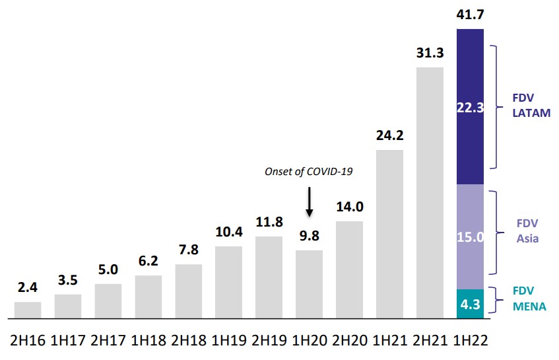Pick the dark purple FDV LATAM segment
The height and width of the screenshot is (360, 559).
click(470, 106)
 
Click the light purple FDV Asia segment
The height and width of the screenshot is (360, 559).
click(470, 236)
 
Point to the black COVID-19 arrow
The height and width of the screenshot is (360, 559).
click(309, 201)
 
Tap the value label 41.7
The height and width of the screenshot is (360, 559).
click(470, 14)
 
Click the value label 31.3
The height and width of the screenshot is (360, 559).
click(430, 52)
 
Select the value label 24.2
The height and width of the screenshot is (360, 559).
click(389, 136)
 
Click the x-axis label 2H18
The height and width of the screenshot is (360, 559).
click(188, 341)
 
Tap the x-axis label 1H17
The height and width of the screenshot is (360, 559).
click(68, 341)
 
